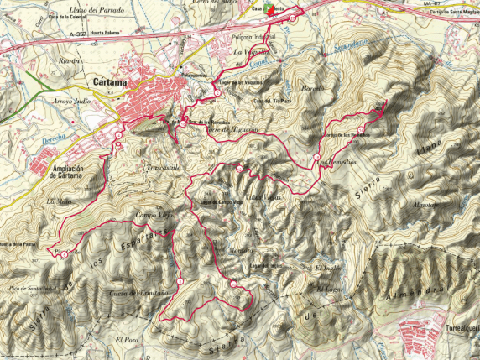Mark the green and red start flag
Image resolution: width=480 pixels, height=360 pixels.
click(x=269, y=10)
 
